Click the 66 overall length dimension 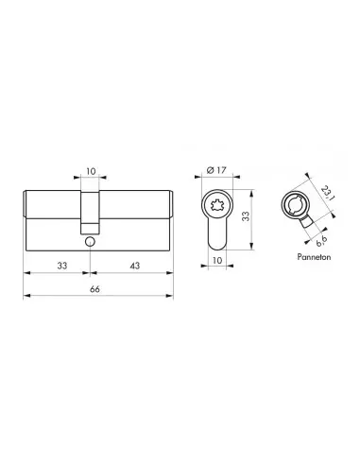tap(94, 289)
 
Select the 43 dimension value tap(134, 266)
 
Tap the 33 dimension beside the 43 tap(62, 266)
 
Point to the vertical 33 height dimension tap(246, 215)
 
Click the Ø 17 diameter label tap(216, 170)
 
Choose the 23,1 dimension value tap(328, 193)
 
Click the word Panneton tap(314, 257)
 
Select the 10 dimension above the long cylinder tap(91, 171)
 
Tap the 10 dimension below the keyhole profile tap(217, 260)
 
